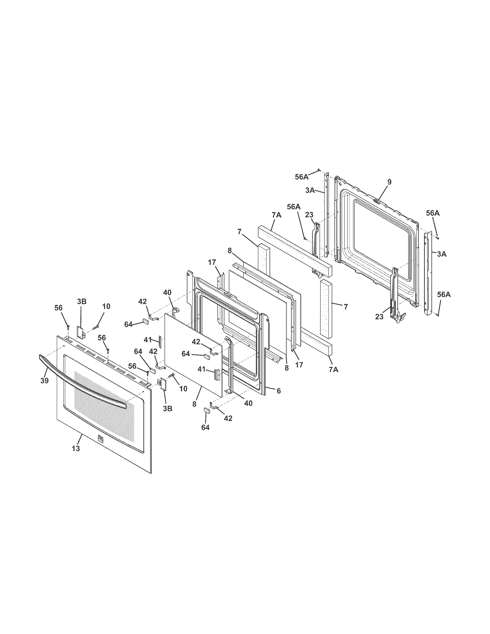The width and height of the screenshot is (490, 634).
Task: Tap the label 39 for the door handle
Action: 44,381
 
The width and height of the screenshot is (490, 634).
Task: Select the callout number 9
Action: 389,182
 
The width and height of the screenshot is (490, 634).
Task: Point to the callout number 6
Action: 278,391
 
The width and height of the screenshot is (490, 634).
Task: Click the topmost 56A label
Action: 301,177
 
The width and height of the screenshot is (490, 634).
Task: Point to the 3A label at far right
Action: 442,254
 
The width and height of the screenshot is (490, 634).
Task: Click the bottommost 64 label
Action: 205,428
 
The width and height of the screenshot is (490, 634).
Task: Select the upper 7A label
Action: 276,215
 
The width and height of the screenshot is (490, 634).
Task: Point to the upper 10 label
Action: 106,307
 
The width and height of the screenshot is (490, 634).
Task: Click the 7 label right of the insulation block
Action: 345,307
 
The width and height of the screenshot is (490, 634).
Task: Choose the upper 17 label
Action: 212,263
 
